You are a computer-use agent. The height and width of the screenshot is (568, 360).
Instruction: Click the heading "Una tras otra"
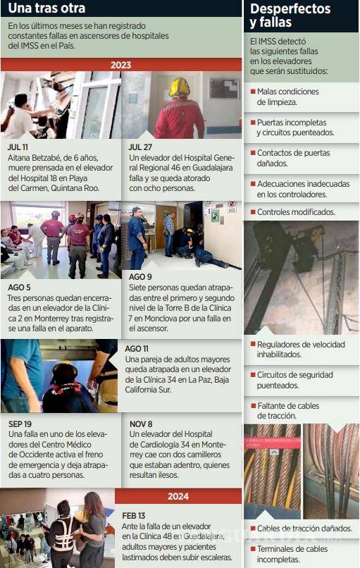click(46, 9)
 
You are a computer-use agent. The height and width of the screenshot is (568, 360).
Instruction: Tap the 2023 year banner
click(120, 65)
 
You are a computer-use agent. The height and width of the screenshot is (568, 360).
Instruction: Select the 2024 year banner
click(178, 496)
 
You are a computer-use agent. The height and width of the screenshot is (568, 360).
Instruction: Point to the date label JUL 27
click(139, 147)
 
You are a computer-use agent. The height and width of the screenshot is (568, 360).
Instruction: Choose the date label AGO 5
click(20, 288)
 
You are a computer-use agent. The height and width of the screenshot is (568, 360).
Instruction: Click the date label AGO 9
click(141, 277)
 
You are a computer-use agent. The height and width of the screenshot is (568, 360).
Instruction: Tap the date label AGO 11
click(138, 348)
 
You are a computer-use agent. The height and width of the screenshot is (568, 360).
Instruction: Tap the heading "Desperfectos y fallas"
click(290, 16)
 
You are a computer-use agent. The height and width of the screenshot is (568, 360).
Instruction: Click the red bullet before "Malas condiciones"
click(253, 92)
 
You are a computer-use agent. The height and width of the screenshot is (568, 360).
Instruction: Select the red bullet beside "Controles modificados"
click(253, 212)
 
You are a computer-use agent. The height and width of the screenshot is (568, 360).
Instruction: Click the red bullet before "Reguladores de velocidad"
click(253, 345)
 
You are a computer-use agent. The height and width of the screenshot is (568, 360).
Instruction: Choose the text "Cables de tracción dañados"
click(304, 528)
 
